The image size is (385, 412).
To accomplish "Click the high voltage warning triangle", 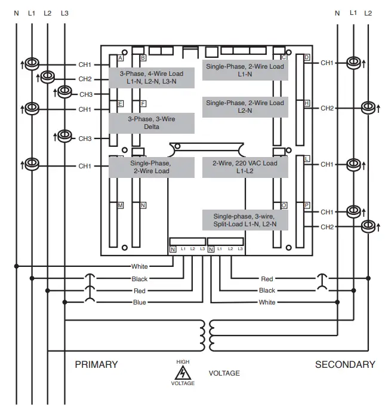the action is [x=183, y=373].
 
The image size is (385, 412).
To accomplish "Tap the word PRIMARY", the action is [x=96, y=364].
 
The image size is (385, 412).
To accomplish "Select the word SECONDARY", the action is [x=345, y=364].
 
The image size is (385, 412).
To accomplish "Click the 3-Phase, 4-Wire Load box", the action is [x=152, y=78].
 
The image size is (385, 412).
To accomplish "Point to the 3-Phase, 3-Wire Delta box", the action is [x=152, y=123].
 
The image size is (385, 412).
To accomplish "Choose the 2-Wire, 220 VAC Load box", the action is [x=245, y=167].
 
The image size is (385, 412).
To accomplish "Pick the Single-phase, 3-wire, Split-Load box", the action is [x=245, y=220].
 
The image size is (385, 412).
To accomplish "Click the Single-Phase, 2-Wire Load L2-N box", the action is [x=245, y=107].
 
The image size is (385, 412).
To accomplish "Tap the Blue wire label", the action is [x=140, y=302].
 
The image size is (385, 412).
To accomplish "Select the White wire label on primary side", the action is [x=140, y=266].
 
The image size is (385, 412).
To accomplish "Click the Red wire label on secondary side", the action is [x=267, y=279].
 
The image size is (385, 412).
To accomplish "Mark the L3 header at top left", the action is [x=64, y=13].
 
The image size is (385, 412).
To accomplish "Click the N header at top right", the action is [x=337, y=13].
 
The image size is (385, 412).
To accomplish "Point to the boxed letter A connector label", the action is [x=121, y=58].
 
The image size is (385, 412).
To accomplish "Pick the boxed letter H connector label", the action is [x=306, y=103].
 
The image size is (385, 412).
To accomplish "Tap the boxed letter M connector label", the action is [x=121, y=205].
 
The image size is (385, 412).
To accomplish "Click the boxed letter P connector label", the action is [x=306, y=205].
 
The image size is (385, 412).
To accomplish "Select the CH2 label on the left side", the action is [x=85, y=79].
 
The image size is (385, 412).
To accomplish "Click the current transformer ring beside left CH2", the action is [x=48, y=76].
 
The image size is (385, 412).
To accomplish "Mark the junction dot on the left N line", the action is [x=16, y=266].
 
